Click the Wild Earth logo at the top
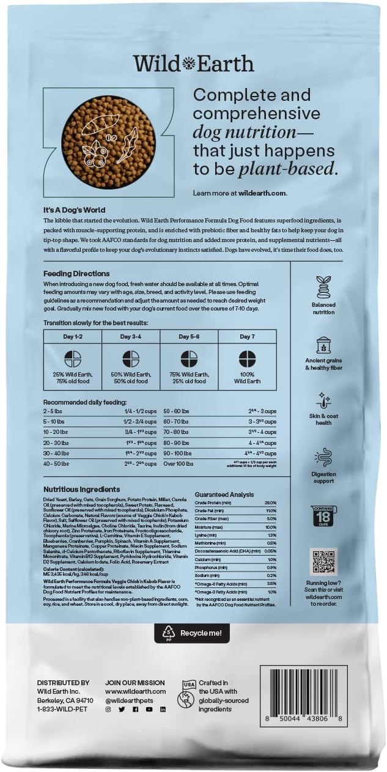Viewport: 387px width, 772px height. (x=193, y=64)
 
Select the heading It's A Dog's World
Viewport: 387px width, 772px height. (x=70, y=209)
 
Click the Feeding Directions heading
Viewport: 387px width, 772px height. (x=76, y=273)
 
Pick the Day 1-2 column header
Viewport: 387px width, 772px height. (x=73, y=337)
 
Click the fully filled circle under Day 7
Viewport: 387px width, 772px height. (x=247, y=359)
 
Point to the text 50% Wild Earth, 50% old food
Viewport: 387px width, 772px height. (x=131, y=378)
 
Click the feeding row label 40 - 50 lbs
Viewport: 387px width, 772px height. (x=56, y=464)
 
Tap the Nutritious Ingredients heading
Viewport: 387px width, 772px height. (x=82, y=490)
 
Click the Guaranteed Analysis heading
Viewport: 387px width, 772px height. (x=224, y=494)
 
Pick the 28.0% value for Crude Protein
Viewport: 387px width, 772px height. (x=271, y=502)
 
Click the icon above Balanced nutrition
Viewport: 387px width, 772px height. (x=323, y=287)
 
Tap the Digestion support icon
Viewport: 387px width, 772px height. (x=323, y=457)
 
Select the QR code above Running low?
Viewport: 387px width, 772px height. (x=323, y=561)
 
